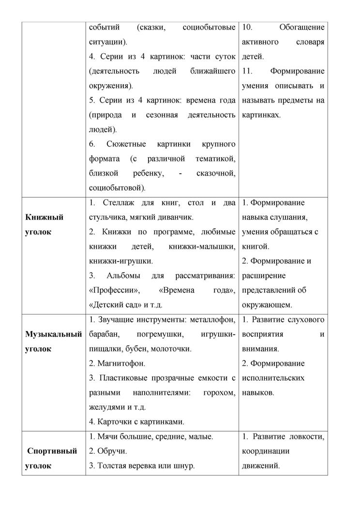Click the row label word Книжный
(x=44, y=217)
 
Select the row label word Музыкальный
(x=53, y=334)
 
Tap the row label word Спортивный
(x=52, y=451)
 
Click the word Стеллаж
(x=114, y=203)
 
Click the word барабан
(x=104, y=334)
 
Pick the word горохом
(x=219, y=392)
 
